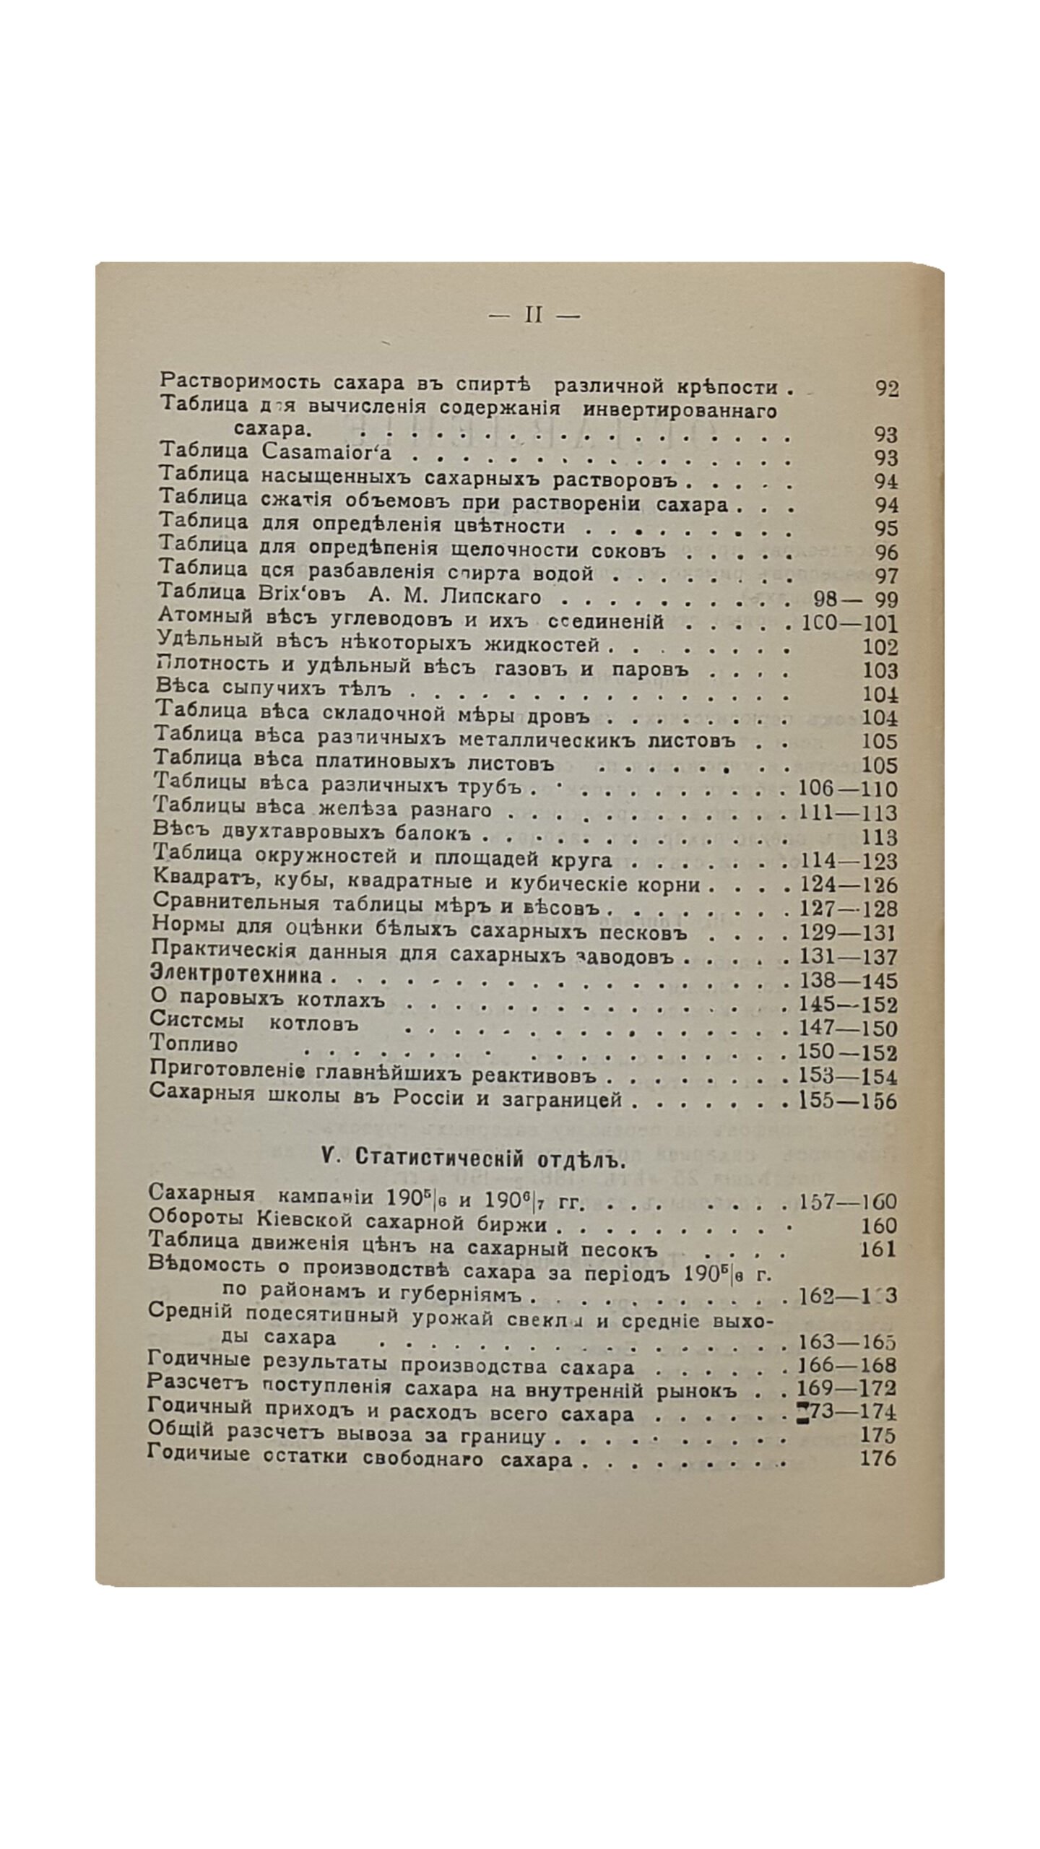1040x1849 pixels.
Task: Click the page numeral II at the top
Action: pos(533,316)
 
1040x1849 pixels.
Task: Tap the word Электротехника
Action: pos(235,975)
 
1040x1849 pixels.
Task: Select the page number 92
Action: pos(886,389)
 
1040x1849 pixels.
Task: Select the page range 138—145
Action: pos(848,981)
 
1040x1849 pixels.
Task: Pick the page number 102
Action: pos(880,646)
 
